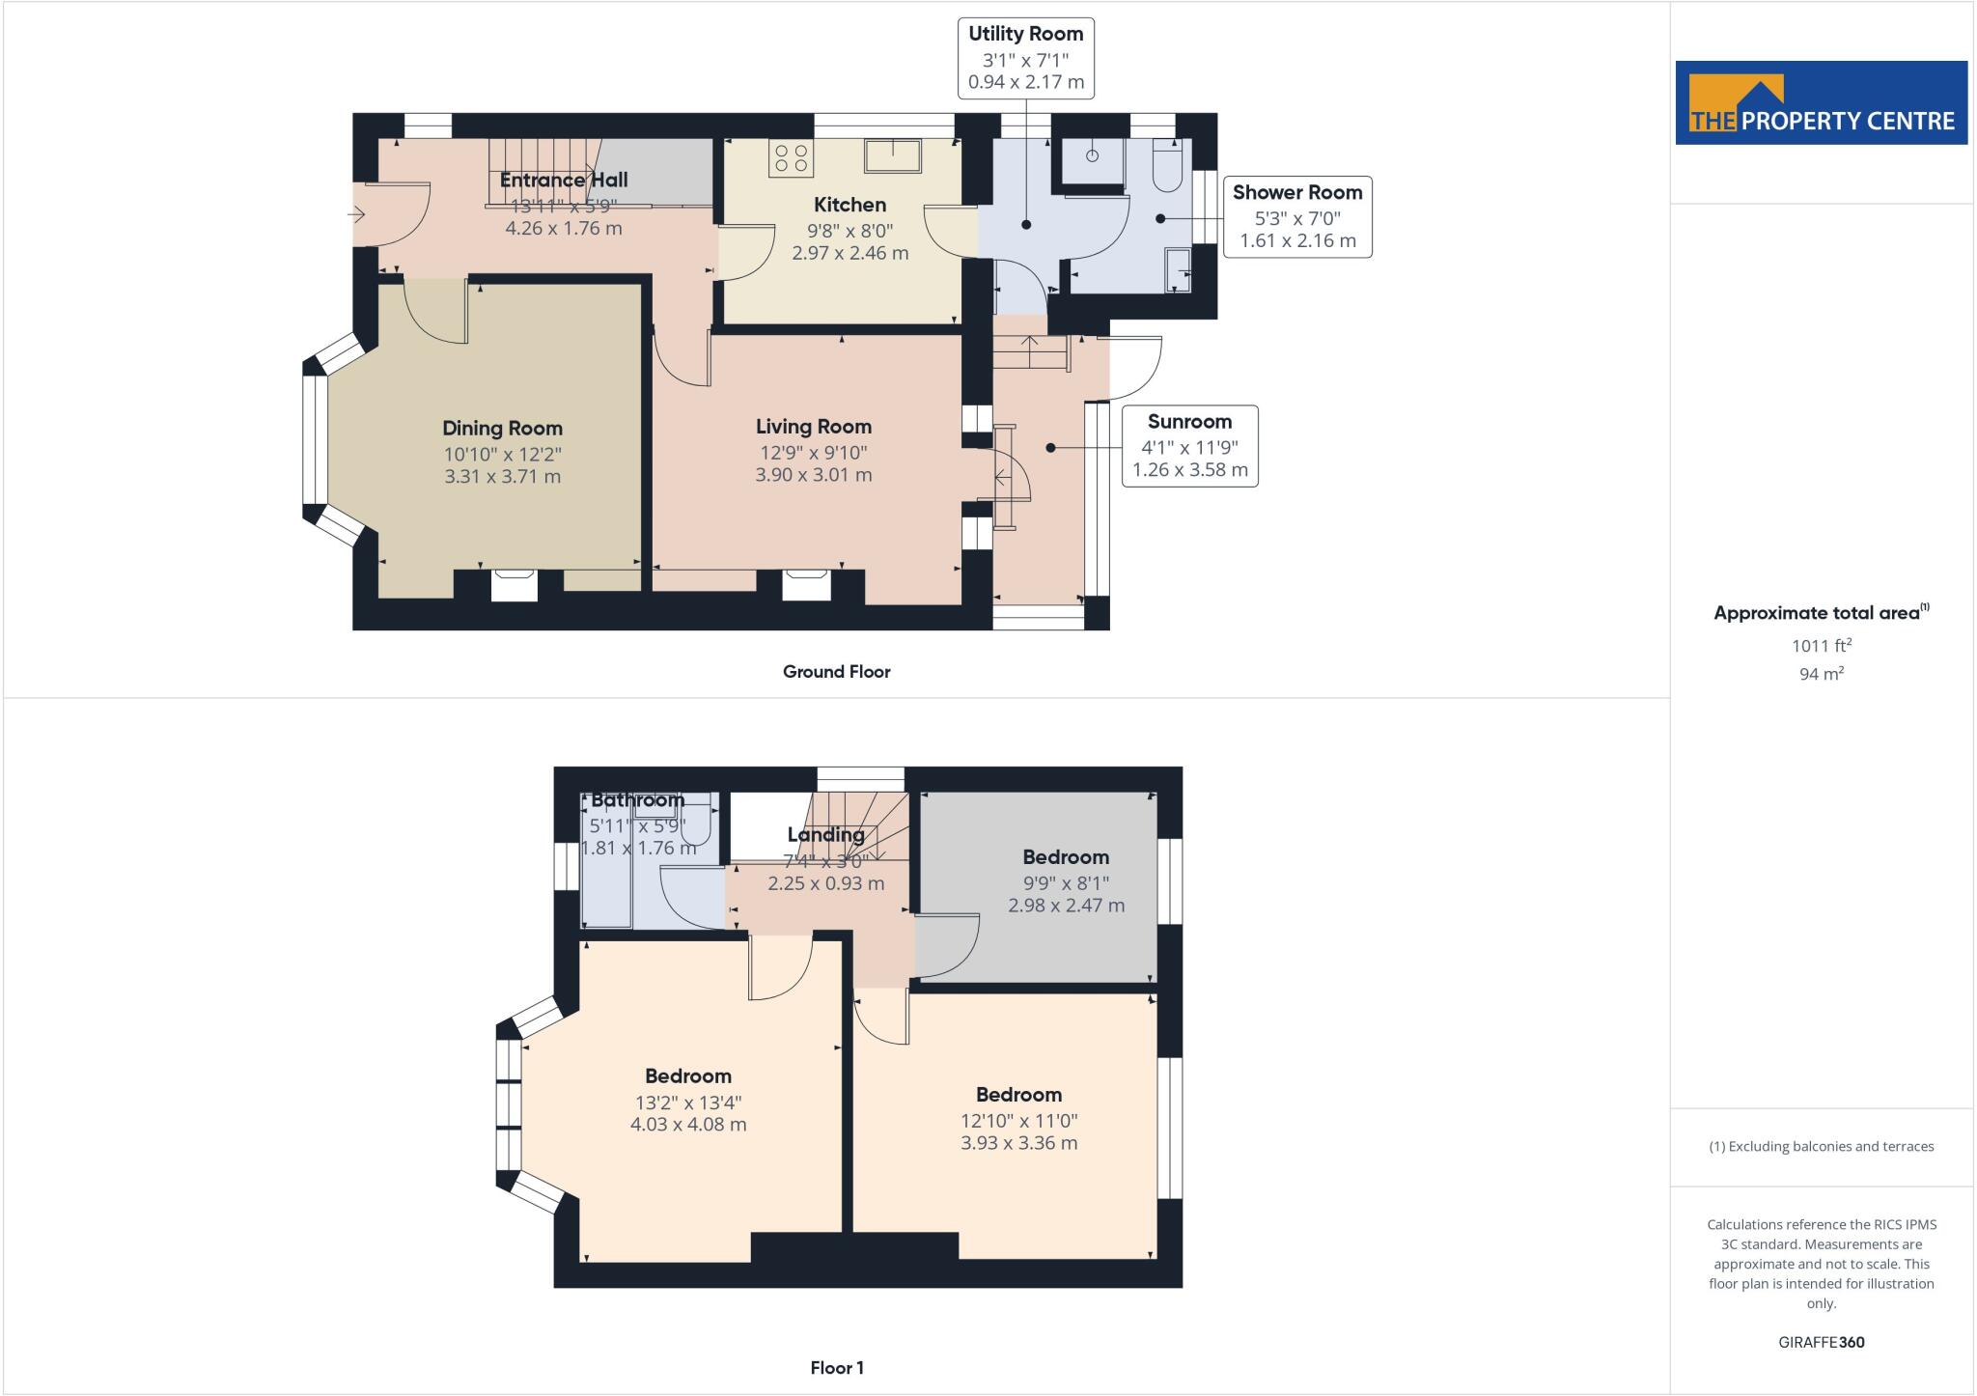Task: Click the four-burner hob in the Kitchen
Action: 791,159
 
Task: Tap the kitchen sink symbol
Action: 893,154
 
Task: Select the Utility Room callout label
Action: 1025,35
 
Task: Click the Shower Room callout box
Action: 1296,216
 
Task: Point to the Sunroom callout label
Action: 1189,423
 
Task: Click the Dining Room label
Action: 502,429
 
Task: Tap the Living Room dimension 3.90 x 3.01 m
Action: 813,475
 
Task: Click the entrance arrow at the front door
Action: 358,214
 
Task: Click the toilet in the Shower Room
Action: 1167,166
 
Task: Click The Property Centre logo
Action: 1821,103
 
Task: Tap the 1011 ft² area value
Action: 1821,646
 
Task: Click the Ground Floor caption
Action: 836,672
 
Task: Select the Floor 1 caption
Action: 836,1368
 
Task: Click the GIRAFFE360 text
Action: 1821,1342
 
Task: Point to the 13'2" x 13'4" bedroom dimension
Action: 687,1103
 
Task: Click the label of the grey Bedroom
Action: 1066,857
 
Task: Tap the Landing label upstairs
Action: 825,835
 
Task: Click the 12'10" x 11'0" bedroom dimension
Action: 1018,1121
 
